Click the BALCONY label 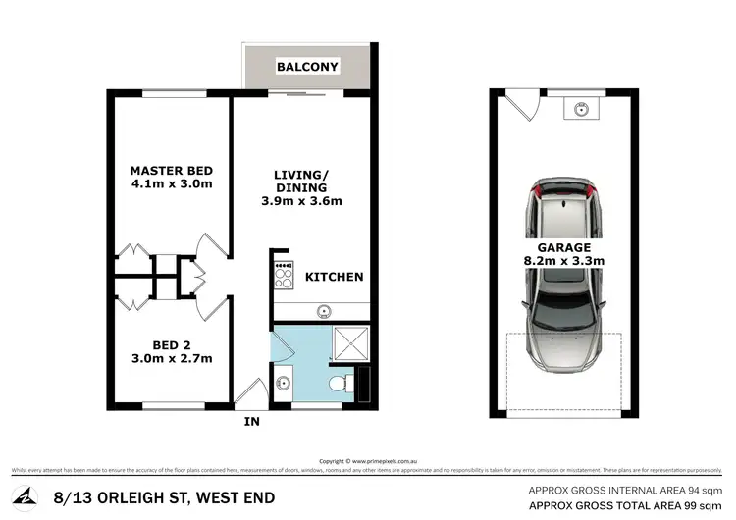click(x=307, y=67)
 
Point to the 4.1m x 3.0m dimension click(x=172, y=183)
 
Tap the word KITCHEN click(x=334, y=277)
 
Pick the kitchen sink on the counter click(x=322, y=312)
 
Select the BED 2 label click(x=172, y=345)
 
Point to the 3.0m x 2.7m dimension click(x=172, y=359)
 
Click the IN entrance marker click(x=251, y=424)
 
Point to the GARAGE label click(x=563, y=247)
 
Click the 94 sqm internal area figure click(x=703, y=488)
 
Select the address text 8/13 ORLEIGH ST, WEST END click(x=157, y=497)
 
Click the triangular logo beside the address click(x=26, y=496)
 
